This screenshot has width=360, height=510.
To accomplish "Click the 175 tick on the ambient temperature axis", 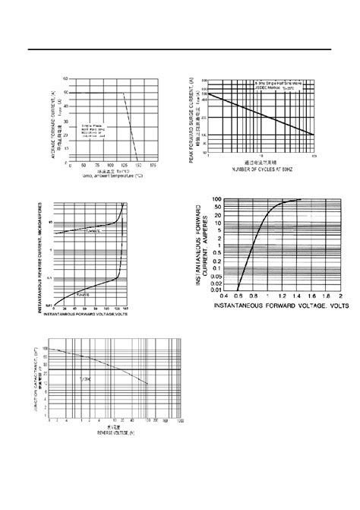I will [x=154, y=164].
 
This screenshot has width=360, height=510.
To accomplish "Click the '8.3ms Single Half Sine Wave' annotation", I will [x=282, y=82].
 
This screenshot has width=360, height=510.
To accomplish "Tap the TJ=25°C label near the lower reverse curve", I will [x=83, y=290].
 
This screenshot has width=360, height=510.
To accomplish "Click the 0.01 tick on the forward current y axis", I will [x=216, y=289].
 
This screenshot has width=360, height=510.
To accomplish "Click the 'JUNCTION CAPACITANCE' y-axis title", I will [x=40, y=379].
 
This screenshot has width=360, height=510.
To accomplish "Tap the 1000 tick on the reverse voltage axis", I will [x=179, y=420].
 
